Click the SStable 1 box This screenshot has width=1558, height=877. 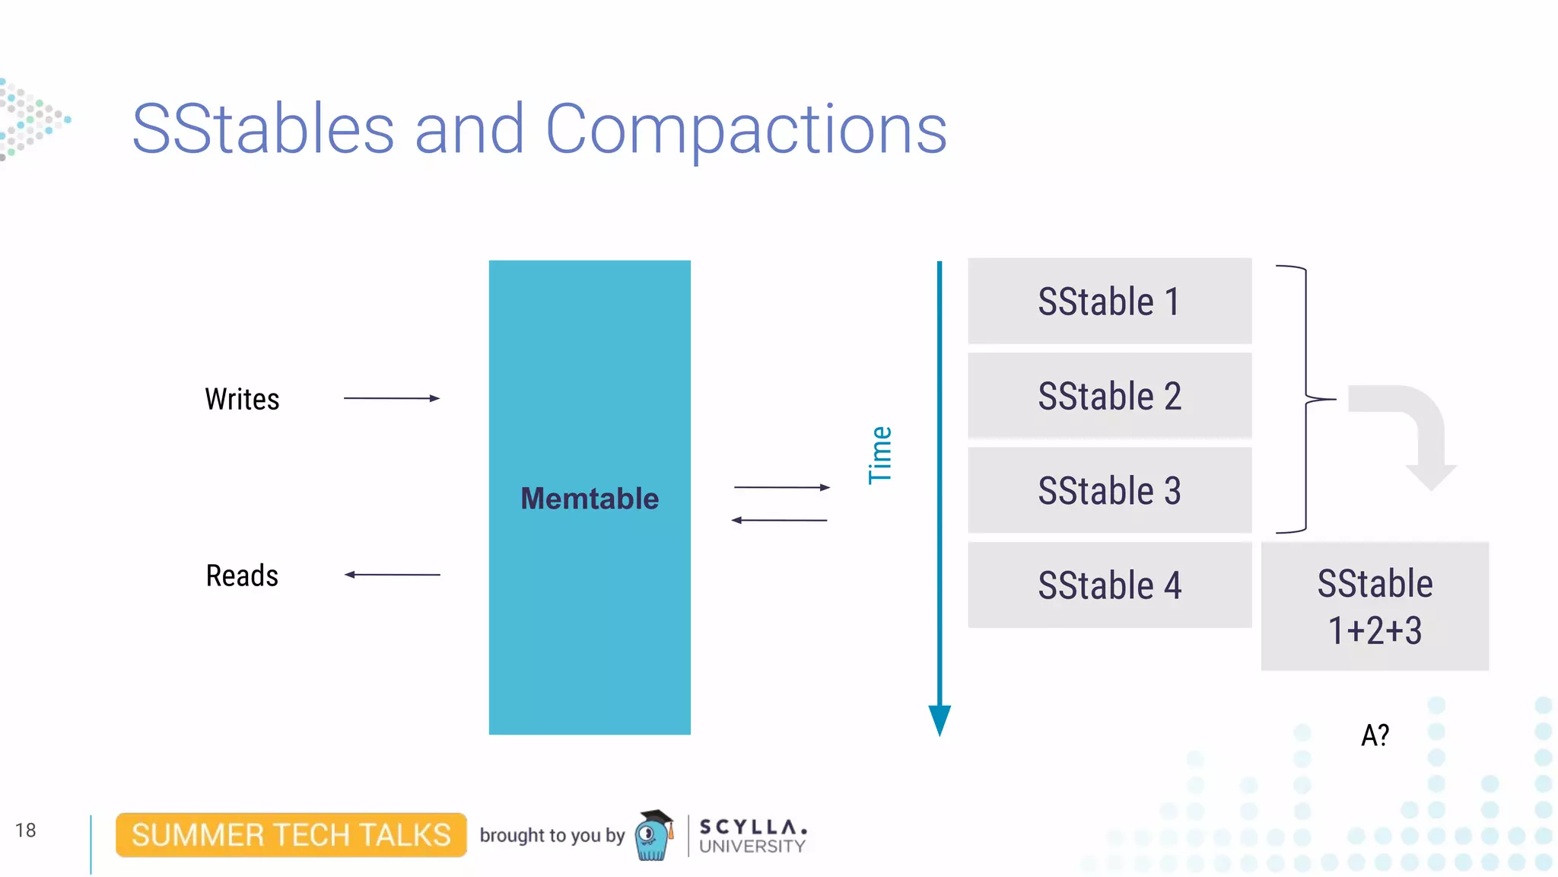1109,301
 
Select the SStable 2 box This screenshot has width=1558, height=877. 1109,396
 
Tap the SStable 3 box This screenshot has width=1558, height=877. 1109,490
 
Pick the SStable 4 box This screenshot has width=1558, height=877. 1109,585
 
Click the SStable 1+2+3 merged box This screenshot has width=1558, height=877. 1374,607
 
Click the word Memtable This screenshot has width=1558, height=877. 590,499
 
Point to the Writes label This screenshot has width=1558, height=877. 242,399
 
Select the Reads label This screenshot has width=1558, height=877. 242,576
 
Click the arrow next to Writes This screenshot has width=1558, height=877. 392,398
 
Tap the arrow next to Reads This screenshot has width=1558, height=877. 392,575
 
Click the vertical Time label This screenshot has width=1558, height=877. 880,455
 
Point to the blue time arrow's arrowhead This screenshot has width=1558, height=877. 940,719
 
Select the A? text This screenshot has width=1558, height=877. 1375,735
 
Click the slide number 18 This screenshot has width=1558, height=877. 25,830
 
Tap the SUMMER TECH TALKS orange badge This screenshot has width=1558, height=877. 291,835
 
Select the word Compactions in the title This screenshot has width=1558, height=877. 746,129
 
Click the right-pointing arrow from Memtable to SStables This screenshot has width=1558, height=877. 781,487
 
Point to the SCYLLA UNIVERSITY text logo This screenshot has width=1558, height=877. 752,836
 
